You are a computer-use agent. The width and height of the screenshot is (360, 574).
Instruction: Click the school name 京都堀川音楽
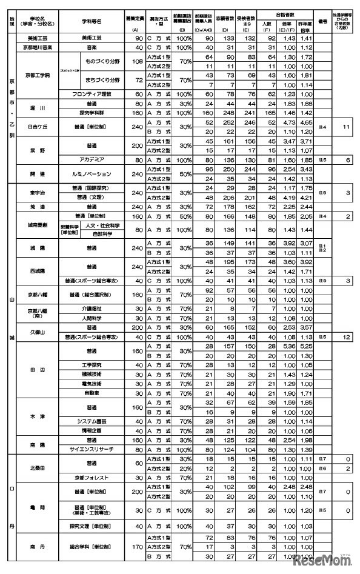(38, 46)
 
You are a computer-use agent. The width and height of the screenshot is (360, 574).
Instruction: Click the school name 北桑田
(38, 467)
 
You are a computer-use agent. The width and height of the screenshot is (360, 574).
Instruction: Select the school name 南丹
(38, 546)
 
